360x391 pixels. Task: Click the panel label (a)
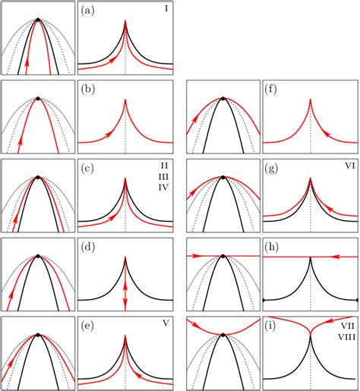(90, 11)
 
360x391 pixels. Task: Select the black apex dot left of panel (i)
(223, 334)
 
